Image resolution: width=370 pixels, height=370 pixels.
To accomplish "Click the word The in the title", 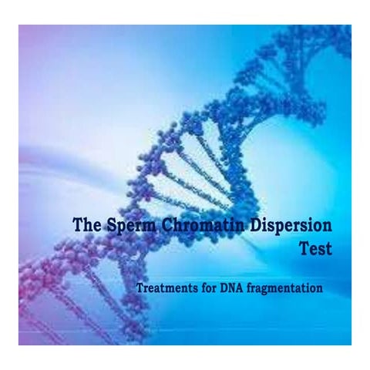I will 86,226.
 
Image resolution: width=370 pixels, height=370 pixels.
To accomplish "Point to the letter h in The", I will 86,226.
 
